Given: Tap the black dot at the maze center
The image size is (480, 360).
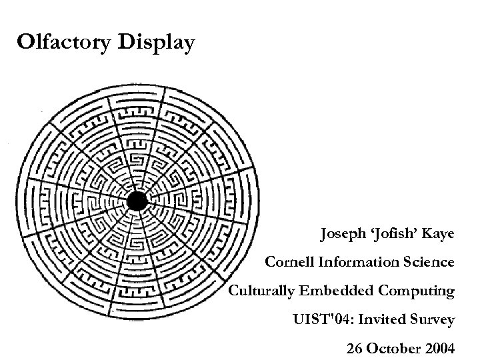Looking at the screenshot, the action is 137,201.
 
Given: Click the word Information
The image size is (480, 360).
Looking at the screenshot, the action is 360,263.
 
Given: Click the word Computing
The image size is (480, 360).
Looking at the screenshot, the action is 417,291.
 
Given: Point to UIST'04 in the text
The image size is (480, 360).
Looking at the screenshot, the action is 322,320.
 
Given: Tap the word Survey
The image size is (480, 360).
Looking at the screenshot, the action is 433,320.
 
